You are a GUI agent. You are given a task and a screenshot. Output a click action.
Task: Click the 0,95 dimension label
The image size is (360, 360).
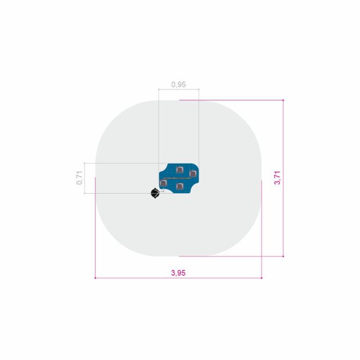click(x=178, y=85)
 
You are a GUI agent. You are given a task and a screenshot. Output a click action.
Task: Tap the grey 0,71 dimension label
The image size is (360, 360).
click(x=80, y=178)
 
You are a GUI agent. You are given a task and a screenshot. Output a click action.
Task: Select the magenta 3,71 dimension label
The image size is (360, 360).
click(x=277, y=178)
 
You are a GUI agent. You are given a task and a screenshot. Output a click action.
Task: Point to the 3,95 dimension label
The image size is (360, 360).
click(x=178, y=273)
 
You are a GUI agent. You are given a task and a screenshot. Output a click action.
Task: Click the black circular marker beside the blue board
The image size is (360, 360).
click(x=155, y=193)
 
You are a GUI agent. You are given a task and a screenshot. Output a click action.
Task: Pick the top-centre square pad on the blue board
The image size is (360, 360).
click(x=179, y=170)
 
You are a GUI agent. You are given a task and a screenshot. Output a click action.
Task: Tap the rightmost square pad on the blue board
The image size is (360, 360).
click(x=193, y=173)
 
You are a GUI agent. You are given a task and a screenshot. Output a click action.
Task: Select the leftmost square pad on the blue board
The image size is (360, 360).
click(x=163, y=183)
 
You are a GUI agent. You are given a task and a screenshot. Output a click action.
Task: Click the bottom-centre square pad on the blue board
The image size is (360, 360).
click(x=180, y=186)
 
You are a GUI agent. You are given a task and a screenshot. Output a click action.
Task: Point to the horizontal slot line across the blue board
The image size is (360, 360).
click(x=177, y=178)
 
